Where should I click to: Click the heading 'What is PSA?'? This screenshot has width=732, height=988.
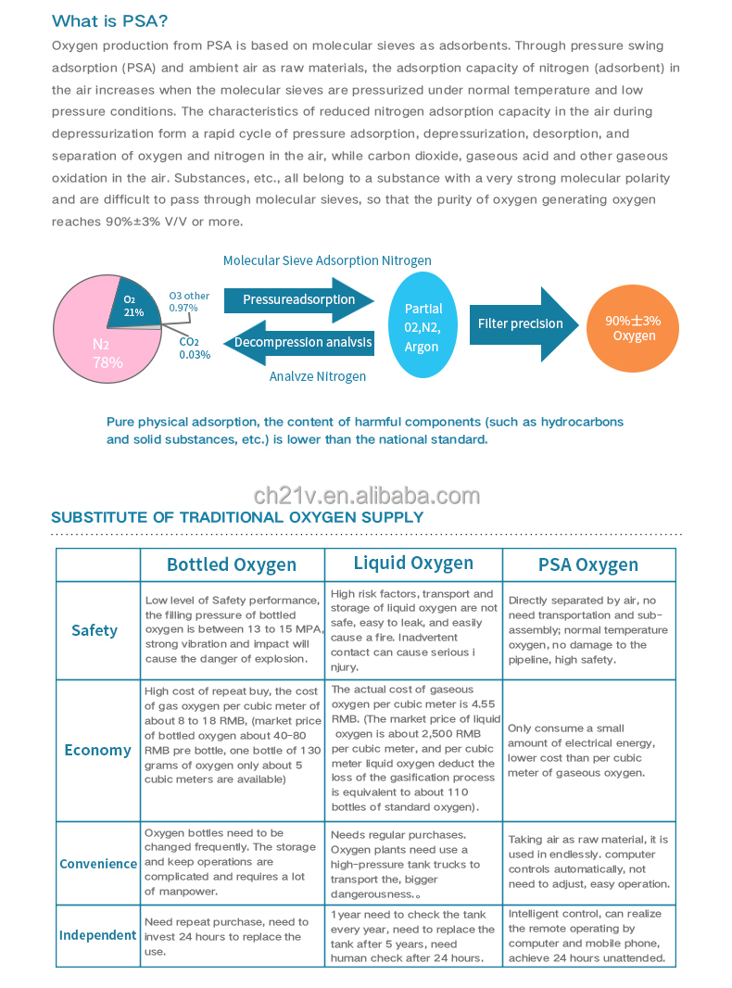pos(110,21)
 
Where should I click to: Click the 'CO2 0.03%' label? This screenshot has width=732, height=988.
pos(195,348)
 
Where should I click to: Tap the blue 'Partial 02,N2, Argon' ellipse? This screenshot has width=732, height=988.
pos(423,326)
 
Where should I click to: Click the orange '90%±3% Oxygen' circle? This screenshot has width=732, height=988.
pos(634,327)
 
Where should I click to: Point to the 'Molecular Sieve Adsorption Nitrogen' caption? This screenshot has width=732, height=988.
pos(327,260)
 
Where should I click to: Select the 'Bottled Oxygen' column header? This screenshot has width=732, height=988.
pos(232,564)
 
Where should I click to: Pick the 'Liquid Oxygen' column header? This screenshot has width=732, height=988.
pos(413,563)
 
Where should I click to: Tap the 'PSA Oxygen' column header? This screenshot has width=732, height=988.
pos(588,564)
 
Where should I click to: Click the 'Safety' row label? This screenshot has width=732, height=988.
pos(95,630)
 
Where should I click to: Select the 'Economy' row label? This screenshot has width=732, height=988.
pos(97,750)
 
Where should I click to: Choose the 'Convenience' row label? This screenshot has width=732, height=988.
pos(98,863)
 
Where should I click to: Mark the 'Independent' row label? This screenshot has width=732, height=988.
pos(98,934)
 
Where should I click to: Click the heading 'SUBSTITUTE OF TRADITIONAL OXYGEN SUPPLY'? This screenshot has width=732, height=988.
pos(237,517)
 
